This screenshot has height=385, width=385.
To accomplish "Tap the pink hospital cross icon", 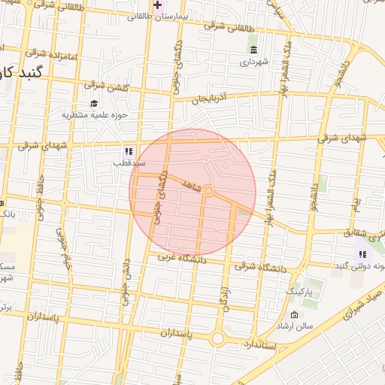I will (x=156, y=5).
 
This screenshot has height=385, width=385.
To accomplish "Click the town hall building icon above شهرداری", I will (x=253, y=50).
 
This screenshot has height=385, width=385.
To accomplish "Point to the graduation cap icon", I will (x=94, y=104).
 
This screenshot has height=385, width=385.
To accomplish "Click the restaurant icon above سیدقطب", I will (x=128, y=150).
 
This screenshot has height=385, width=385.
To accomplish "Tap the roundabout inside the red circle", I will (x=209, y=192).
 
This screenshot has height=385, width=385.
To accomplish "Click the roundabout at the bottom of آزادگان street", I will (x=218, y=338).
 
